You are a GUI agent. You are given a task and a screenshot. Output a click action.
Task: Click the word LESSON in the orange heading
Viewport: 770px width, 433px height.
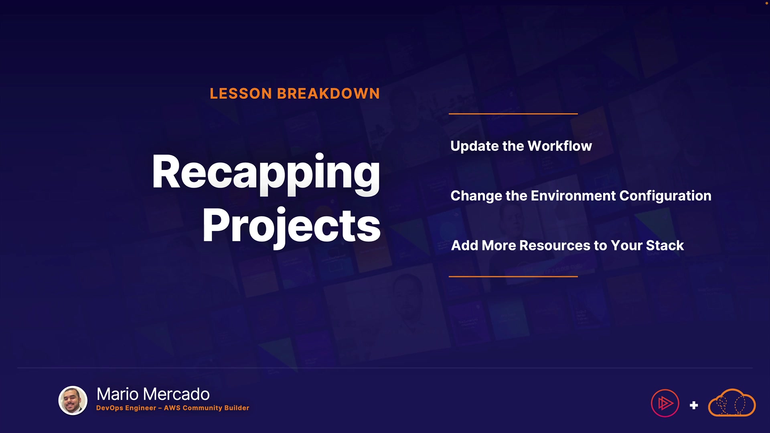pos(241,94)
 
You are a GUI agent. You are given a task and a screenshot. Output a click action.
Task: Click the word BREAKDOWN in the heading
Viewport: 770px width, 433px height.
pos(328,94)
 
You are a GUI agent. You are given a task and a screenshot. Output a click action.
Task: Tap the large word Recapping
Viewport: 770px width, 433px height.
pos(266,174)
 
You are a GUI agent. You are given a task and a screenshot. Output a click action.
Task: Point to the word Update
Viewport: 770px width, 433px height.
pos(474,146)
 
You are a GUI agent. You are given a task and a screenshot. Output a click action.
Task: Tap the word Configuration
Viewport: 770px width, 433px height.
pos(665,196)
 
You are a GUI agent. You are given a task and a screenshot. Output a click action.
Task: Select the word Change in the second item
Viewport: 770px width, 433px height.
pos(476,196)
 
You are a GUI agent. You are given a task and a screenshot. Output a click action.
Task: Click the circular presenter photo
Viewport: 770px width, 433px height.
pos(73,401)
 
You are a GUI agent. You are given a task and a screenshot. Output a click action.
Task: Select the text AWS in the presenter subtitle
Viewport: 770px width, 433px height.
pos(172,408)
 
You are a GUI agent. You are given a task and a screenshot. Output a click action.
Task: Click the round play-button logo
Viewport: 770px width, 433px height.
pos(665,403)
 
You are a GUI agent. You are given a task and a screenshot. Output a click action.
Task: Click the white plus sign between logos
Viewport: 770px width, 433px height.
pos(694,405)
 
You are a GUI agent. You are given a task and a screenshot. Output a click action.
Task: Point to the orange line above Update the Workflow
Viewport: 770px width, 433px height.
pos(513,114)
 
